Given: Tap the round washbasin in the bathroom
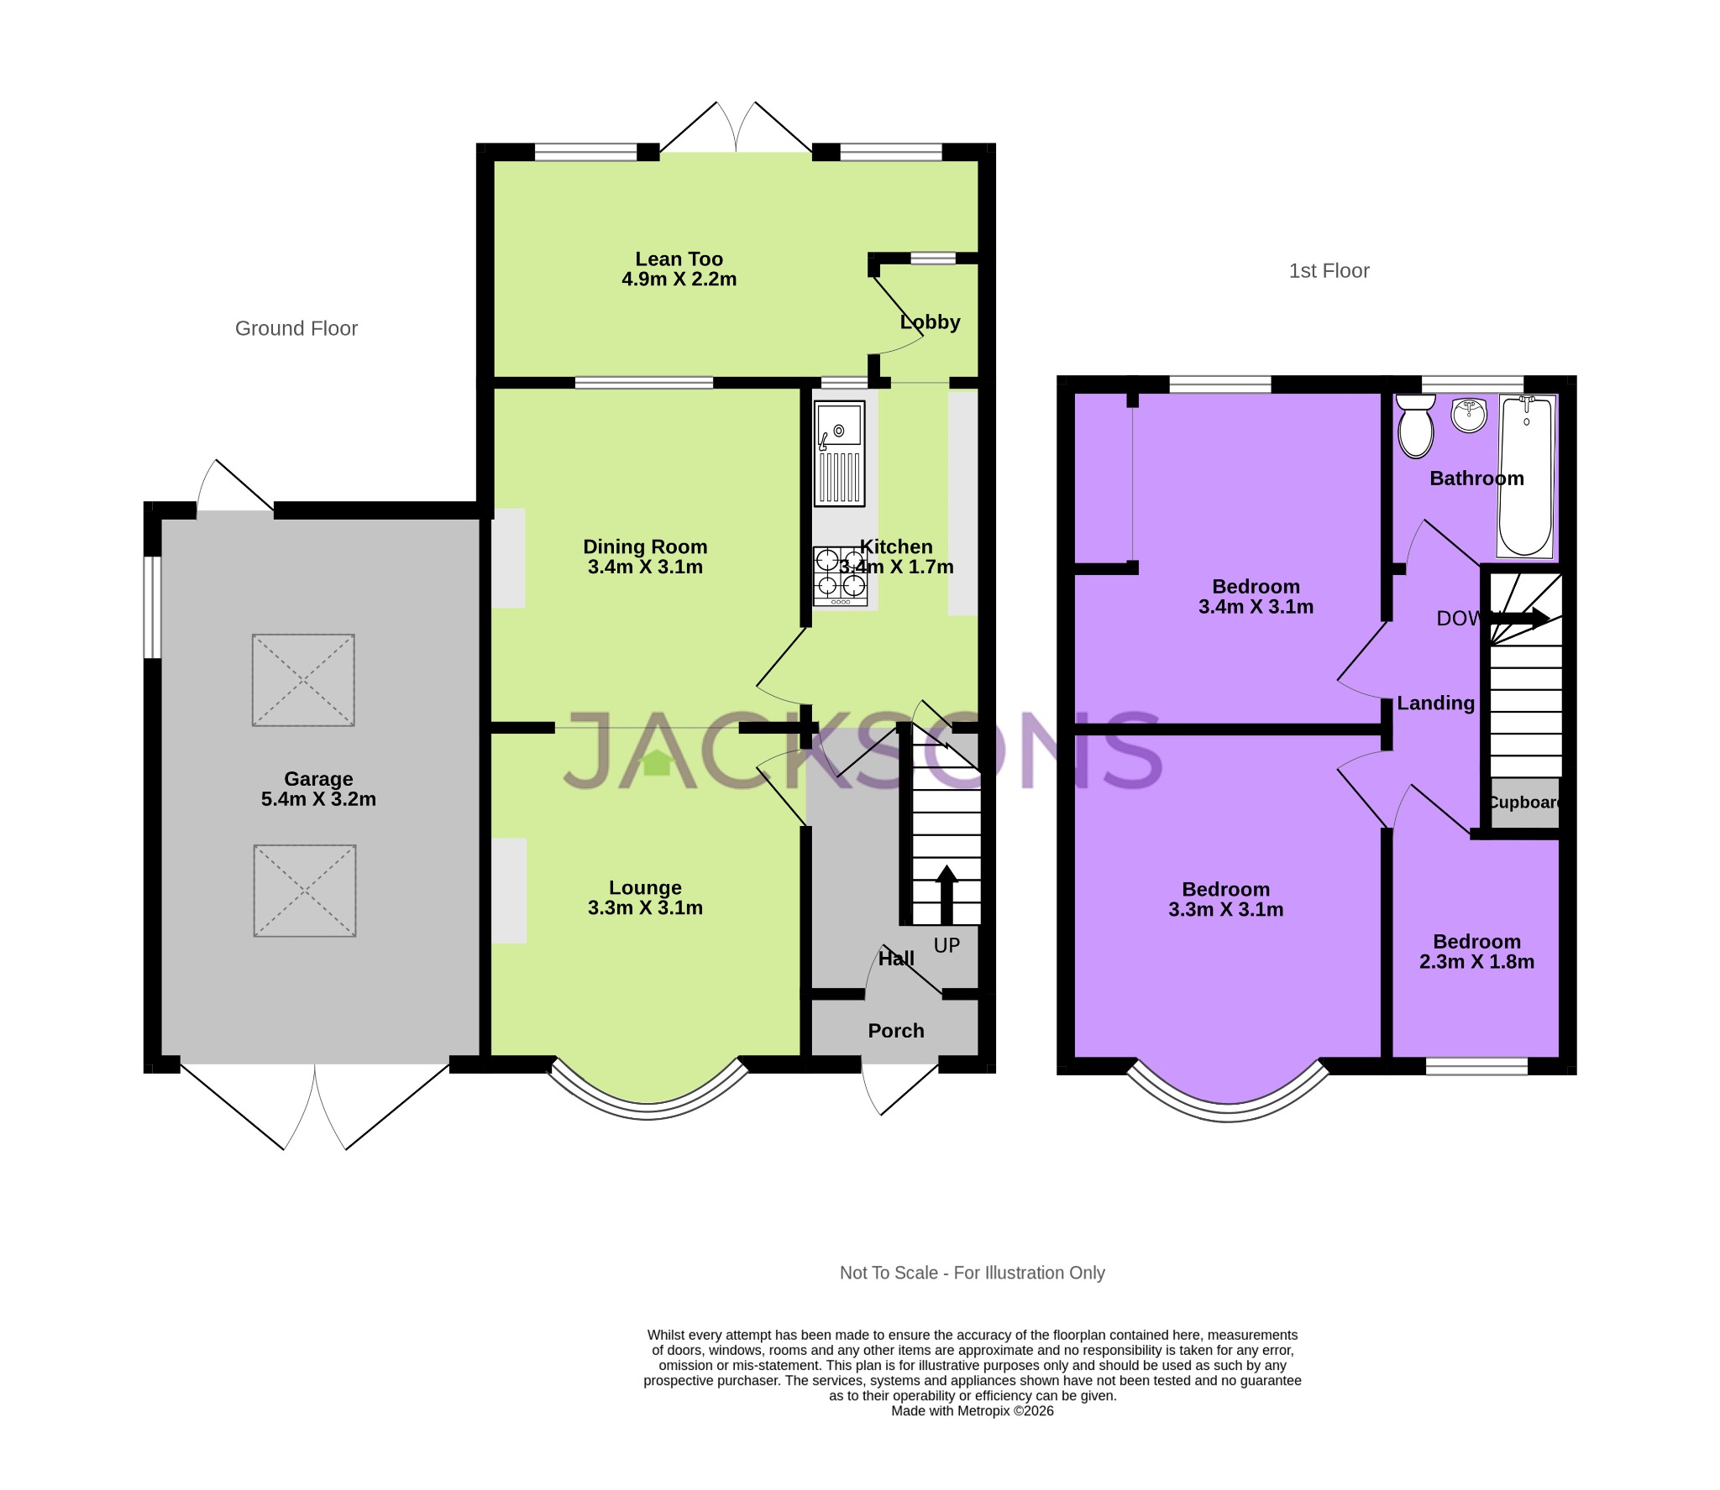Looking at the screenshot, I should click(x=1469, y=415).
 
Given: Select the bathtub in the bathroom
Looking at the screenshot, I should click(x=1526, y=477).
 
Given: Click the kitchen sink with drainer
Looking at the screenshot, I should click(x=839, y=454).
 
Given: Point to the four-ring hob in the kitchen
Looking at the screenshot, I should click(x=840, y=575).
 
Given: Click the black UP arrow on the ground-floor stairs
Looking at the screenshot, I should click(x=947, y=893).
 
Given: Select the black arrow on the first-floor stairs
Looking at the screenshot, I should click(x=1522, y=619).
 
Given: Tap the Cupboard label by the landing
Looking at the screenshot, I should click(x=1524, y=803).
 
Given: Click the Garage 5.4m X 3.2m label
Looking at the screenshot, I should click(x=318, y=789).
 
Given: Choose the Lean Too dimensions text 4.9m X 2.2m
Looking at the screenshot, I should click(x=679, y=280).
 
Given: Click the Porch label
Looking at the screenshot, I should click(x=896, y=1031).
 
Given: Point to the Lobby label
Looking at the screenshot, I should click(x=930, y=322).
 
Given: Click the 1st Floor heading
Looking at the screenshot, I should click(x=1329, y=271).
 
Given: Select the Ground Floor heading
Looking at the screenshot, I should click(x=296, y=328).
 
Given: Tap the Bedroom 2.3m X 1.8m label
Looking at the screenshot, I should click(x=1476, y=952).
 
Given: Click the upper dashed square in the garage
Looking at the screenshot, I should click(x=303, y=680).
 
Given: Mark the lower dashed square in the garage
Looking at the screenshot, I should click(x=305, y=891).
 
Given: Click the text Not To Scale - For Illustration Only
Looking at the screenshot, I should click(x=972, y=1273).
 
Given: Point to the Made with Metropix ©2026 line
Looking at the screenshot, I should click(x=972, y=1411).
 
